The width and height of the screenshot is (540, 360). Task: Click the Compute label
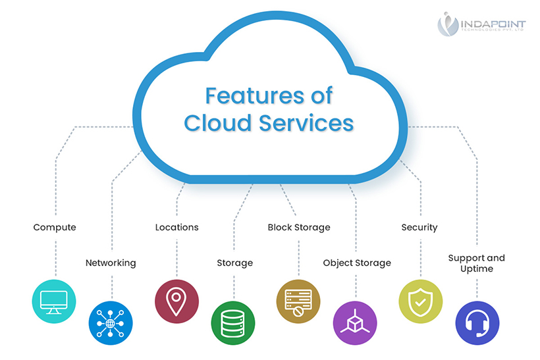point(55,228)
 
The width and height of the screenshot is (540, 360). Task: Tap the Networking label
point(111,263)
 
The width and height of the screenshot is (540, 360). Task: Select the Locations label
point(176,228)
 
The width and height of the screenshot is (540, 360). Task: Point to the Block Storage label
point(299,228)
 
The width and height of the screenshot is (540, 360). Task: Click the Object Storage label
point(357,263)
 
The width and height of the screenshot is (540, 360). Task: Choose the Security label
point(419,228)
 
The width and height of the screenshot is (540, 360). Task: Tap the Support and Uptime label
point(476,263)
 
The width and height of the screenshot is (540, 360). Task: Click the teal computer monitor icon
point(55,301)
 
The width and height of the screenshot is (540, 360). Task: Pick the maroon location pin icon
point(176,301)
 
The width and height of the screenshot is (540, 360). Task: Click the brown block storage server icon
point(298,301)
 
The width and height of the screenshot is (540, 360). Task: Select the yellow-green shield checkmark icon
point(420,301)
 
